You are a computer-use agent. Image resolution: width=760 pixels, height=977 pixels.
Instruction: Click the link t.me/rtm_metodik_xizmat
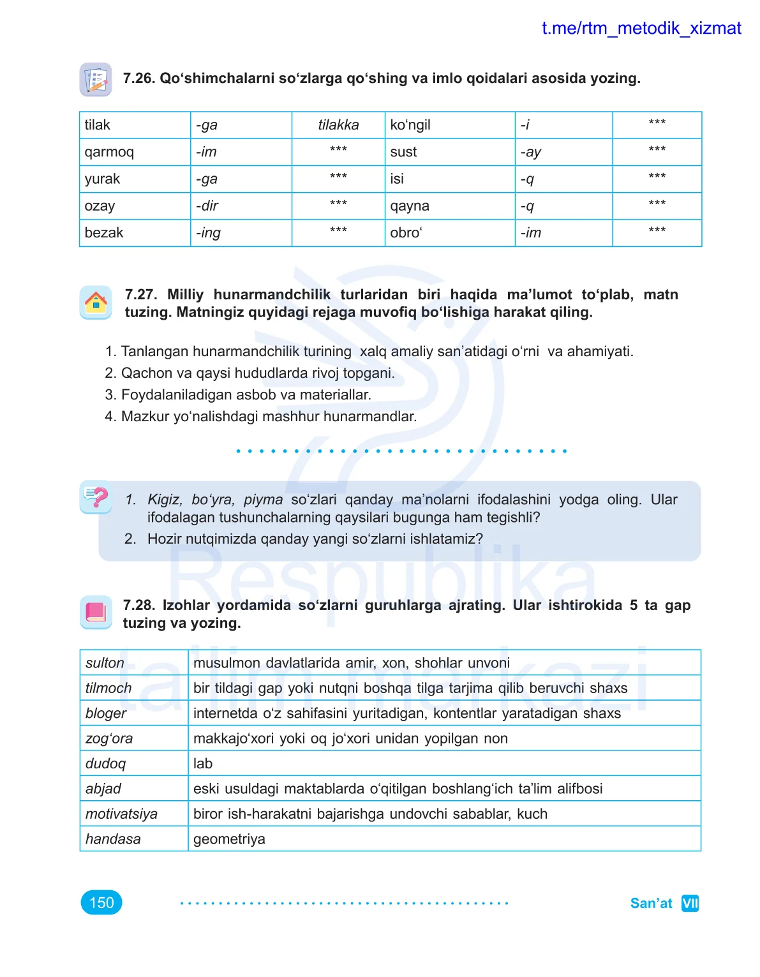click(x=641, y=29)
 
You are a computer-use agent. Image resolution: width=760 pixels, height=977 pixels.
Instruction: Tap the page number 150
click(x=101, y=902)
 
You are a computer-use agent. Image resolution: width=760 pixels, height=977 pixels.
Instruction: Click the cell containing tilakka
click(x=338, y=125)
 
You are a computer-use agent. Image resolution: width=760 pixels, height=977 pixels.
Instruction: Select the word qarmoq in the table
click(x=109, y=153)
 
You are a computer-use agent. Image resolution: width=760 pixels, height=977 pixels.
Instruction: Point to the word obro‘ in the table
click(x=406, y=233)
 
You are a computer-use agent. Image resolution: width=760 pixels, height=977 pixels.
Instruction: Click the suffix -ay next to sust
click(x=530, y=153)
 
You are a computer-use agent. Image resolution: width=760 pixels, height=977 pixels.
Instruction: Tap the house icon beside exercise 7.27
click(x=96, y=302)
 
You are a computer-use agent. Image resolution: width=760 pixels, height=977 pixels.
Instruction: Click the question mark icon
click(x=96, y=496)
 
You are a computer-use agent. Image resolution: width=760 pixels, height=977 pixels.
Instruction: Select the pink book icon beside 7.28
click(x=96, y=612)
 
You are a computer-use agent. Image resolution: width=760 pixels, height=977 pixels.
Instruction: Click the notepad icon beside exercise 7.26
click(x=96, y=80)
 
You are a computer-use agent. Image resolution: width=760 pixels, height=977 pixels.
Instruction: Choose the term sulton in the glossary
click(x=105, y=663)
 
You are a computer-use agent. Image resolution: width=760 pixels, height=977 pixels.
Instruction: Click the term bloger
click(x=106, y=713)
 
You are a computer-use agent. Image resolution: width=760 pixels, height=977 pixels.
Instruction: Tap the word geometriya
click(x=229, y=839)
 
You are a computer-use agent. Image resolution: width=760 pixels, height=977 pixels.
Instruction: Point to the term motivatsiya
click(x=121, y=814)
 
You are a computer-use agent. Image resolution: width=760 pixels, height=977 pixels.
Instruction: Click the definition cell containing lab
click(x=203, y=764)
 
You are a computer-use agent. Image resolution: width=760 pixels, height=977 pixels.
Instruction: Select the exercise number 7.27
click(x=140, y=295)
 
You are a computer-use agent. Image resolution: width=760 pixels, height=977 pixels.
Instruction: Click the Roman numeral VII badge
click(x=690, y=903)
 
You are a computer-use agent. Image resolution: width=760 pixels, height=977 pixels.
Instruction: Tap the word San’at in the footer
click(x=651, y=903)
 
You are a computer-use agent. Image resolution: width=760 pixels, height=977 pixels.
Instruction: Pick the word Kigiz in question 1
click(x=165, y=500)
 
